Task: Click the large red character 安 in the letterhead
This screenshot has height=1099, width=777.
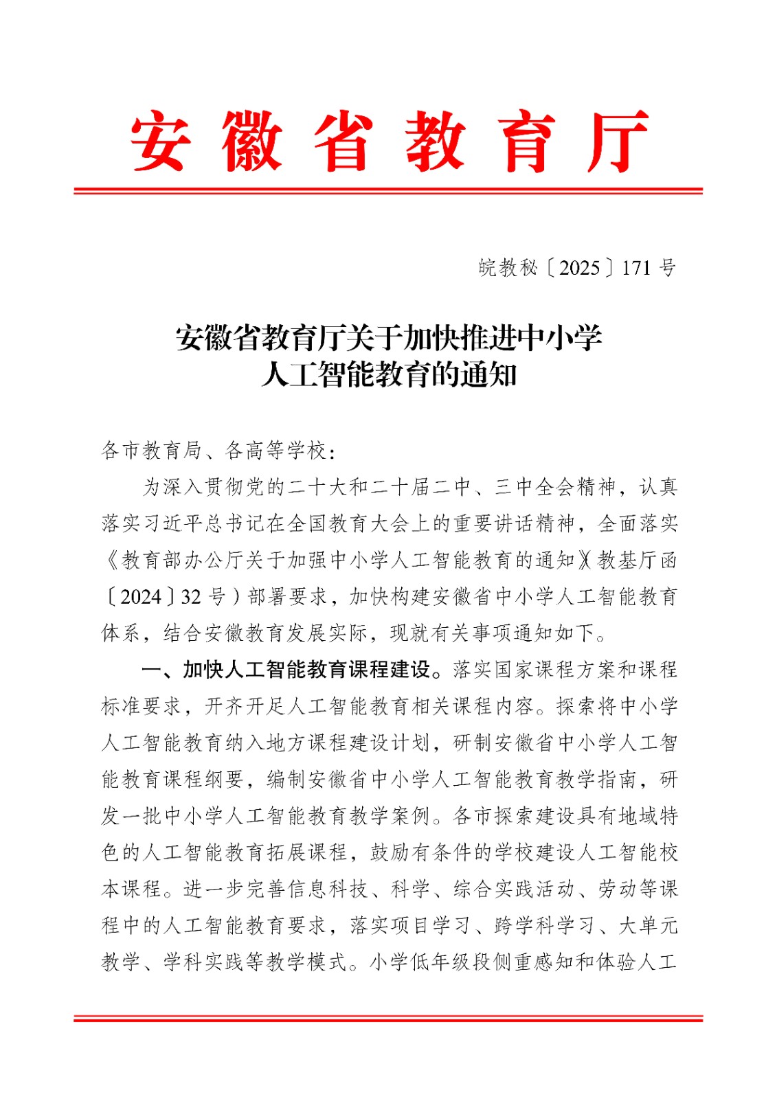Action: tap(159, 141)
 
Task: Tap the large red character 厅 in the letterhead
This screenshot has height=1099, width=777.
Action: tap(618, 141)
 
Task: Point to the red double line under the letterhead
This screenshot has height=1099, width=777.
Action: tap(388, 190)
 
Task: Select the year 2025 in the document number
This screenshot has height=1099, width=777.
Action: tap(579, 268)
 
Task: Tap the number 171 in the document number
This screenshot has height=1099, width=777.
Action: tap(636, 268)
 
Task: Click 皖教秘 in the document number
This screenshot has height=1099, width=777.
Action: tap(508, 268)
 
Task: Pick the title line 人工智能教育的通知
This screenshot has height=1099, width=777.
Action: tap(389, 375)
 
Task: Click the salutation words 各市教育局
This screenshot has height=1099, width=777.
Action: tap(152, 451)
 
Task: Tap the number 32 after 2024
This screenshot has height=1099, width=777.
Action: tap(191, 596)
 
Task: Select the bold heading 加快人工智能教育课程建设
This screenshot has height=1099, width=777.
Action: tap(306, 670)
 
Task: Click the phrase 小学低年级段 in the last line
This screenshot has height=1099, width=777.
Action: tap(431, 962)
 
